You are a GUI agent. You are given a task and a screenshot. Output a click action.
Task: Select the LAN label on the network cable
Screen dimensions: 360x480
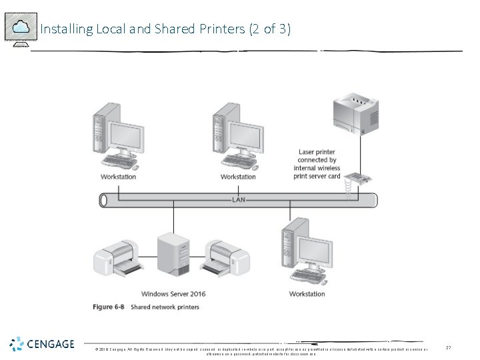click(x=238, y=199)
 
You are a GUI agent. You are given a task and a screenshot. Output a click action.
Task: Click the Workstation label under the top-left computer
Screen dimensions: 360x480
click(x=118, y=177)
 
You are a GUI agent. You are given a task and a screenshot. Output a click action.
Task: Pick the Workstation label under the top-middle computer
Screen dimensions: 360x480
click(x=238, y=177)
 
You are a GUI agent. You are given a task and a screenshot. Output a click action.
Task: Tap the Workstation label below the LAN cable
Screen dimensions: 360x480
click(x=307, y=293)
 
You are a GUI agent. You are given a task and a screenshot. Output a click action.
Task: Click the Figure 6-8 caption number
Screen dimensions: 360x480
click(x=109, y=307)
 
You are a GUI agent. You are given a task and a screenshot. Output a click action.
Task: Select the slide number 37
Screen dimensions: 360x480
click(x=449, y=347)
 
